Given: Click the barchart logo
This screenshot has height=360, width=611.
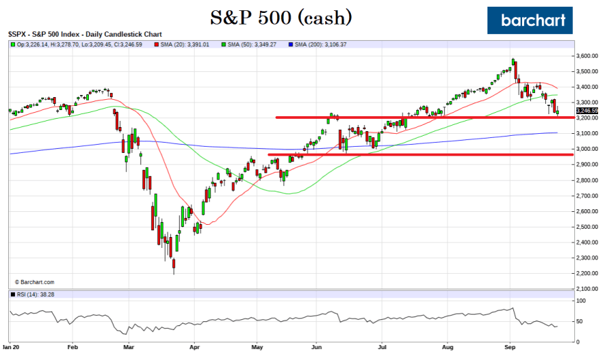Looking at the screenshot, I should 530,20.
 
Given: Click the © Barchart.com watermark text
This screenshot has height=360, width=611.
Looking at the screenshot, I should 34,281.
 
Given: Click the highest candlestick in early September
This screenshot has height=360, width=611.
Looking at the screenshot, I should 513,63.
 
